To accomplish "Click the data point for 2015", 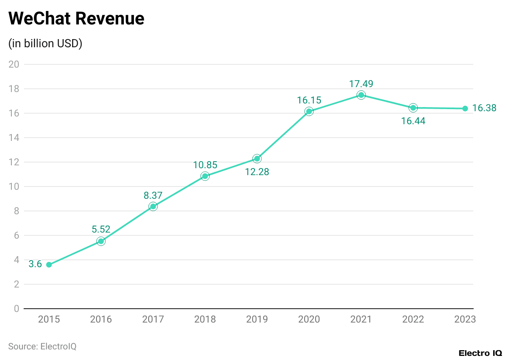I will pos(49,265).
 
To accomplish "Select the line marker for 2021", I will pos(361,95).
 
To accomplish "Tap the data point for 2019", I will pos(257,158).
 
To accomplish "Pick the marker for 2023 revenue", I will pos(465,108).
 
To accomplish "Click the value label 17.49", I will pos(361,84).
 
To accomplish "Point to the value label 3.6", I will pos(35,264).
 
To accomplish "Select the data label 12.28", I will pos(257,172).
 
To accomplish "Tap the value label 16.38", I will pos(484,108).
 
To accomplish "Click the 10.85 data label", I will pos(205,165).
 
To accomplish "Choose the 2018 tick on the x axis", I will pos(205,319).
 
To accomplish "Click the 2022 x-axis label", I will pos(413,319).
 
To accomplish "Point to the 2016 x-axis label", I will pos(101,319).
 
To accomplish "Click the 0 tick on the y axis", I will pos(16,309).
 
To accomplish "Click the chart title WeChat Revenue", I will pos(77,19).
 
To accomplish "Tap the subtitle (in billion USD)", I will pos(45,44).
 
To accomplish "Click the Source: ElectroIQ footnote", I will pos(42,346).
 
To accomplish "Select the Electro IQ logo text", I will pos(480,353).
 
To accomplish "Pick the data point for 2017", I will pos(153,206).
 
